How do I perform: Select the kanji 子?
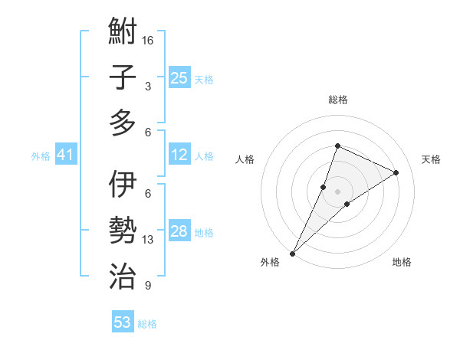click(123, 78)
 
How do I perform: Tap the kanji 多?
click(123, 123)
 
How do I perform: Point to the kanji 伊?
click(123, 185)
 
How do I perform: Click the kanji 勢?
click(123, 230)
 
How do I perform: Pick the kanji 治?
click(123, 274)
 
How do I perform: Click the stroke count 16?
click(148, 40)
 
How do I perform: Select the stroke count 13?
click(148, 240)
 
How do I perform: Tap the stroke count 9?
click(148, 286)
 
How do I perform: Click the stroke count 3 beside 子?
click(148, 87)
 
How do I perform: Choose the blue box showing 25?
click(179, 77)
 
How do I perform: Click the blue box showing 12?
click(179, 155)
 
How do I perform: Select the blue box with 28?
click(179, 232)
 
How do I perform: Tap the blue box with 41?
click(65, 155)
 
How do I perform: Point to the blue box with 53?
click(123, 322)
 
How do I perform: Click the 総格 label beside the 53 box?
click(147, 324)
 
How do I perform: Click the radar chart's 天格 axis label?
click(431, 159)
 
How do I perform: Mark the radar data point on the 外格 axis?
click(292, 254)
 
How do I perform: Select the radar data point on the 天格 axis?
click(396, 172)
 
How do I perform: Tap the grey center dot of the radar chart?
click(337, 191)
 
